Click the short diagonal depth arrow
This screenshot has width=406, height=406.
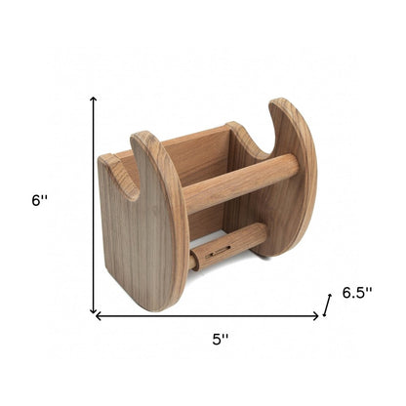coord(328,306)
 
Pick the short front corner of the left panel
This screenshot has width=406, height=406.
coord(106,161)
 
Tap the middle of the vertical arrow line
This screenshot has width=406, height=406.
coord(94,205)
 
